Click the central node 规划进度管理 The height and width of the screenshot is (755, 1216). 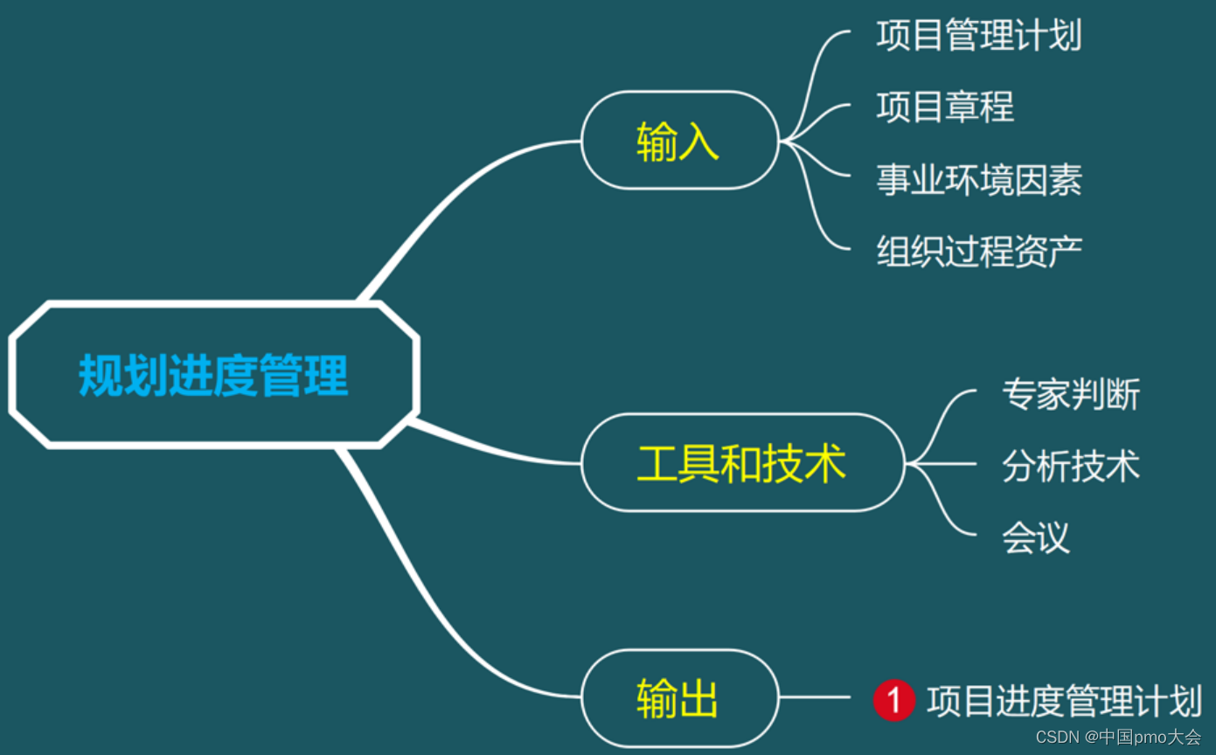click(x=214, y=376)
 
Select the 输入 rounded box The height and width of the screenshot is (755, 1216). click(x=679, y=141)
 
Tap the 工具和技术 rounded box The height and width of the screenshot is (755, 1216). click(x=742, y=463)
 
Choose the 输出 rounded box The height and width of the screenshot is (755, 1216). click(x=679, y=699)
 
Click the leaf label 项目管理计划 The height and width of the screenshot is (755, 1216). click(x=979, y=36)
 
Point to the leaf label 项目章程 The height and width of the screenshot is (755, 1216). click(x=945, y=107)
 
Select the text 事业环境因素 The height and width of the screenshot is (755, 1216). click(x=979, y=180)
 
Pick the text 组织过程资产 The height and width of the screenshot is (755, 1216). click(x=979, y=251)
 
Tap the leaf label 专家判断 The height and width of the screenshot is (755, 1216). click(x=1071, y=394)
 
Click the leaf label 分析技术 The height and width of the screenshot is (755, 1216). click(x=1071, y=466)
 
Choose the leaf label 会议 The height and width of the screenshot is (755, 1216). click(x=1036, y=537)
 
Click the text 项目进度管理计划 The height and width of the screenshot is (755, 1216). click(x=1065, y=701)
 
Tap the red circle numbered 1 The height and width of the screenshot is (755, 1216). click(x=893, y=701)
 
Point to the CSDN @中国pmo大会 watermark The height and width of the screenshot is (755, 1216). click(x=1118, y=737)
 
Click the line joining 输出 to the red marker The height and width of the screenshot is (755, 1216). click(x=813, y=697)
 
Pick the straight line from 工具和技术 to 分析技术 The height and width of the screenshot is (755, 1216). click(x=944, y=464)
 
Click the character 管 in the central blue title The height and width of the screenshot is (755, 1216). click(x=281, y=376)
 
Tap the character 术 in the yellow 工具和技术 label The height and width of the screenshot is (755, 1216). click(x=825, y=463)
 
